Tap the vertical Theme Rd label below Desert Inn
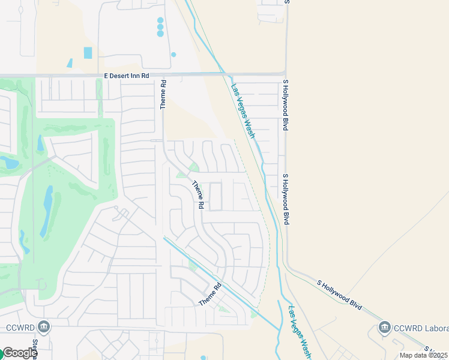(162, 95)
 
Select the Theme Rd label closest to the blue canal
(211, 294)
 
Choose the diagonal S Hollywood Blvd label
(340, 294)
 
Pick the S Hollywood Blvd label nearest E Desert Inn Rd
(285, 107)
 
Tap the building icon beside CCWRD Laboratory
(384, 328)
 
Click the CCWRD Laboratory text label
(420, 328)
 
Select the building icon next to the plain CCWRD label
(43, 327)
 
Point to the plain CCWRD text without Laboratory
(20, 328)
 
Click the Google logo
(19, 353)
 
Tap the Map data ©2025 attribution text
(424, 355)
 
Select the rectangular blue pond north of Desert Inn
(88, 53)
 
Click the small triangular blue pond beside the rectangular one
(70, 62)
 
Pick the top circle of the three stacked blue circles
(160, 20)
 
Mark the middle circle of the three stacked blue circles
(160, 27)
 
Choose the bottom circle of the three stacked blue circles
(160, 34)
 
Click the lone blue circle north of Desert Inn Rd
(173, 55)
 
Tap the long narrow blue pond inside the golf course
(47, 211)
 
